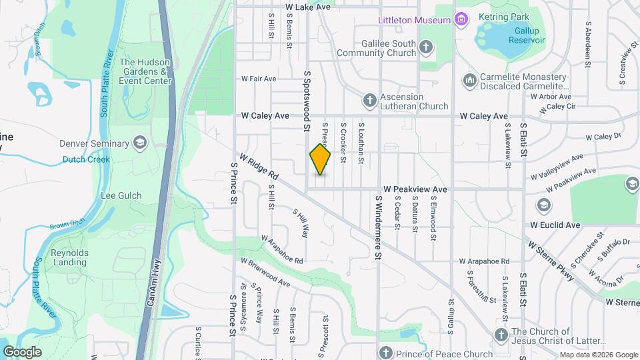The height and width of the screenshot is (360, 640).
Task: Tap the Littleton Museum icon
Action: [x=460, y=20]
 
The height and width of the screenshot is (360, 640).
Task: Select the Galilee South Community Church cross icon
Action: [x=426, y=47]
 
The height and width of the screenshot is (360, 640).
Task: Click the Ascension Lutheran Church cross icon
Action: [x=369, y=101]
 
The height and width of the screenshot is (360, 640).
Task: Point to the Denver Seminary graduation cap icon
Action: [x=140, y=143]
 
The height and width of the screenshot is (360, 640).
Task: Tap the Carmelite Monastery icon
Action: [x=469, y=81]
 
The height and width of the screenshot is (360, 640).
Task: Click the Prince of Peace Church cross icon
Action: [x=385, y=353]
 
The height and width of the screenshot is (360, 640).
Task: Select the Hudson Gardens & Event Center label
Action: [x=145, y=71]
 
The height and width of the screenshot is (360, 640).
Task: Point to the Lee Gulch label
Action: [x=121, y=195]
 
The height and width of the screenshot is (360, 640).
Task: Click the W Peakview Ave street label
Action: [x=415, y=189]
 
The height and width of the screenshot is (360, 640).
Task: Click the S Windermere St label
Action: [x=377, y=227]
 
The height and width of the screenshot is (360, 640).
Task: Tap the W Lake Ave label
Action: [x=308, y=7]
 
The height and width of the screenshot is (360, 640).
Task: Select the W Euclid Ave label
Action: [x=555, y=225]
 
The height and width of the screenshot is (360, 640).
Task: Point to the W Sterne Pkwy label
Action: [x=551, y=261]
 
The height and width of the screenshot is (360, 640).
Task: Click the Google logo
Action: [x=22, y=352]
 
